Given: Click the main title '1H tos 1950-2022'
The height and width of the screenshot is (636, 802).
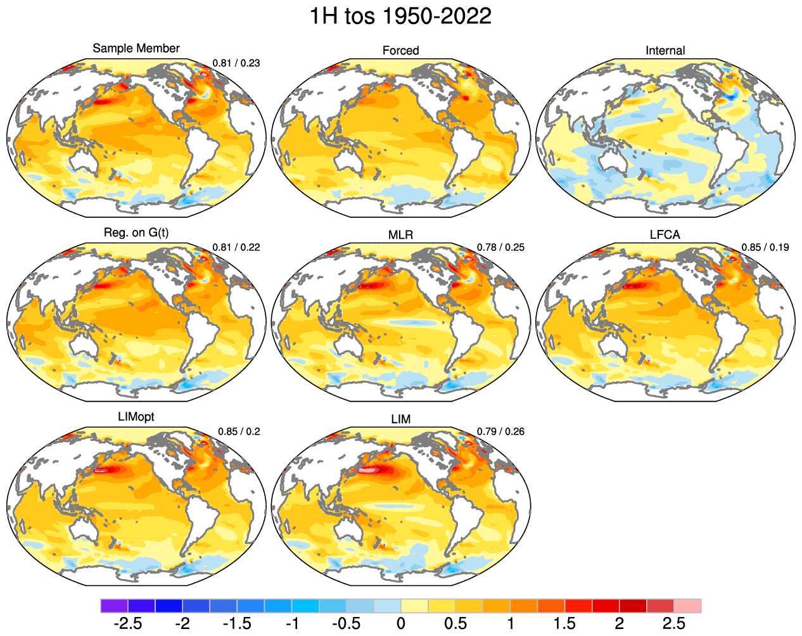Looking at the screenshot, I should (400, 16).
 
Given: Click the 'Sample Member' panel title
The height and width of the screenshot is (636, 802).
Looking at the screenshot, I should (136, 48).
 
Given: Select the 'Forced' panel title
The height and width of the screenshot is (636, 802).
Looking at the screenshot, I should (400, 51).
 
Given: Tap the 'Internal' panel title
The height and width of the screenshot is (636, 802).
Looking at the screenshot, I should (665, 51).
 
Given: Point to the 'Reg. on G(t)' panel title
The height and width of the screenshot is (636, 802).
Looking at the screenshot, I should (136, 232).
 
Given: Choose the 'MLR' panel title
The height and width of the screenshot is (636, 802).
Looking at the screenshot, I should (400, 235).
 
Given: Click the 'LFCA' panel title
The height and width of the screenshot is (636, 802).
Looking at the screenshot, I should (665, 235).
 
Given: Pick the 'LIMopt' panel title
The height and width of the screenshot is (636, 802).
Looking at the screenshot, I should (136, 417).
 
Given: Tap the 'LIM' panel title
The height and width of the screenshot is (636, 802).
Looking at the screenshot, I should (400, 419).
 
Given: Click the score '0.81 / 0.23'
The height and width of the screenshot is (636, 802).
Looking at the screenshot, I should (236, 63).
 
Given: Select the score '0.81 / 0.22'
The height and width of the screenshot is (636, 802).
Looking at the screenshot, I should (236, 247).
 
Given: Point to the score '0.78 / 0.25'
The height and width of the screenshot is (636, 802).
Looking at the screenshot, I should (500, 247).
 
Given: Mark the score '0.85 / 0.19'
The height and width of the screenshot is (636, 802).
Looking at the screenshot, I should (765, 247).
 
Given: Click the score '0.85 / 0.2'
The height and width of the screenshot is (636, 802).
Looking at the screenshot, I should (239, 431).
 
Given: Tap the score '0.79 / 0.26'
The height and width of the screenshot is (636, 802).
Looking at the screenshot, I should (500, 431).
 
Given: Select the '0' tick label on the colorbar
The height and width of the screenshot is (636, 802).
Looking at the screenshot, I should (400, 624).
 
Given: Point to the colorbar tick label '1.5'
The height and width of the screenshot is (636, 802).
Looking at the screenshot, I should (564, 624).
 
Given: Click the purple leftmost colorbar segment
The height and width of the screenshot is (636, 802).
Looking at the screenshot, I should (114, 606).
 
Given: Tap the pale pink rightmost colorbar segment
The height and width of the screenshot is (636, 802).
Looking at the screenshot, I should (687, 606).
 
